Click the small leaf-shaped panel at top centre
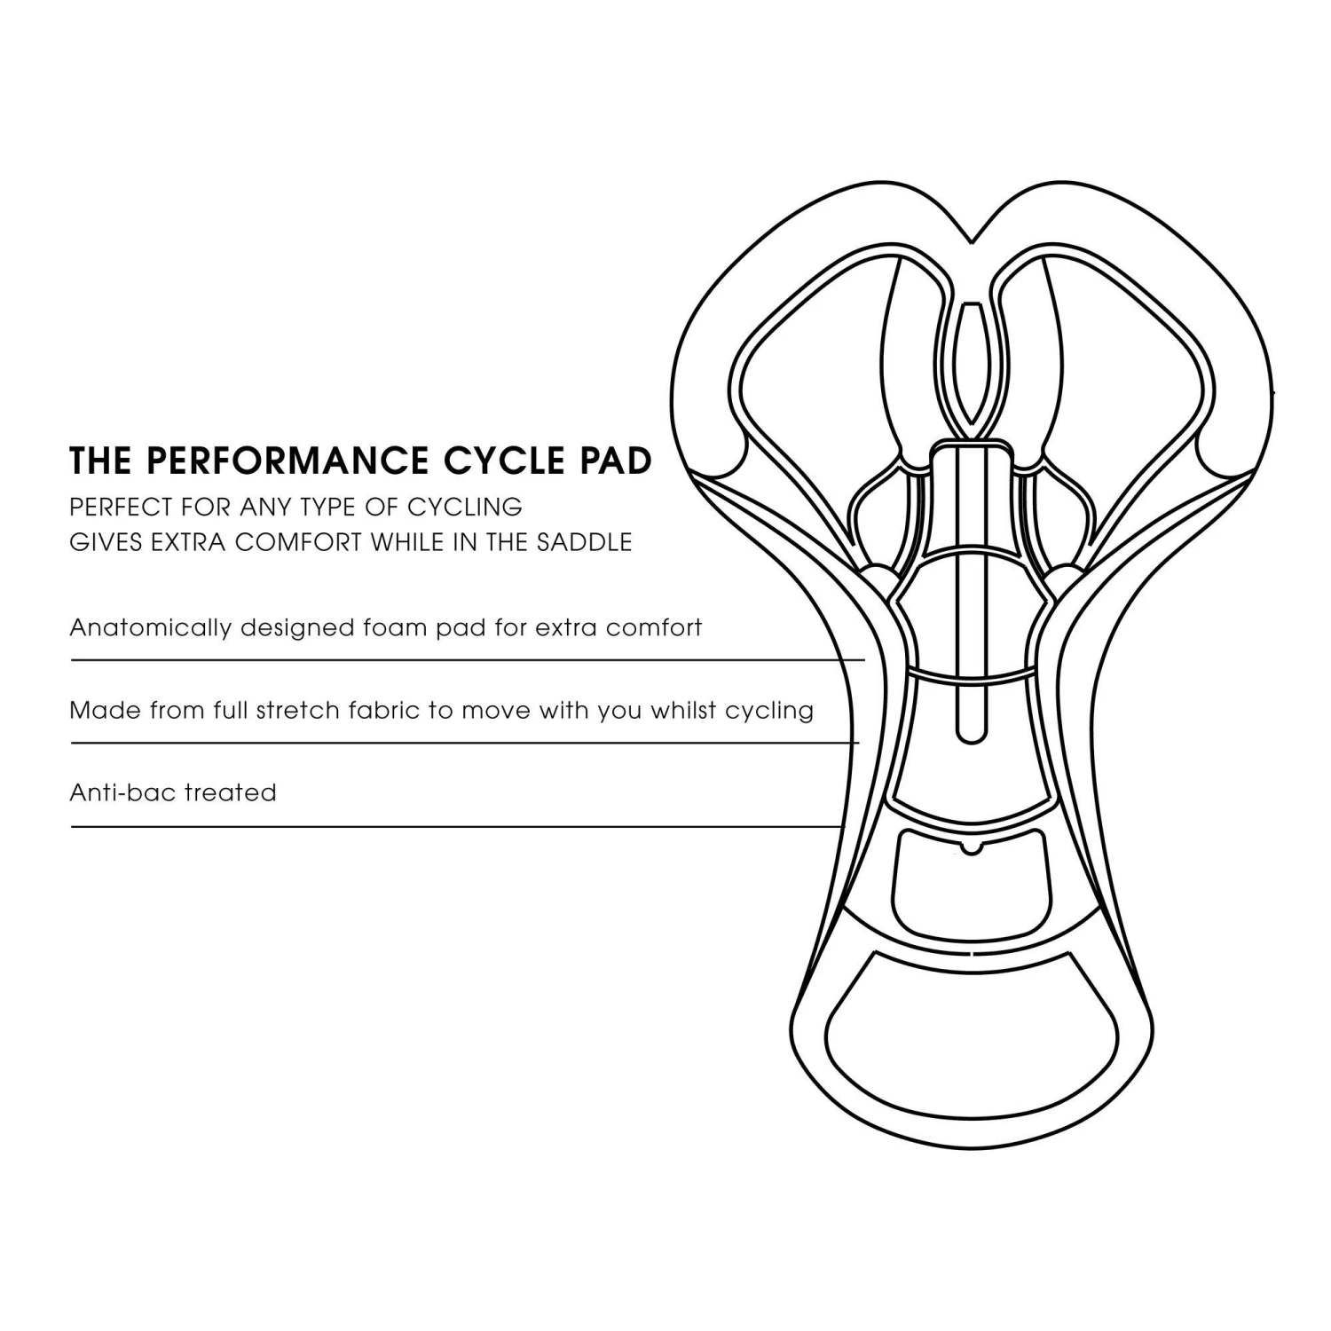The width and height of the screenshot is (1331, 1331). click(973, 364)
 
